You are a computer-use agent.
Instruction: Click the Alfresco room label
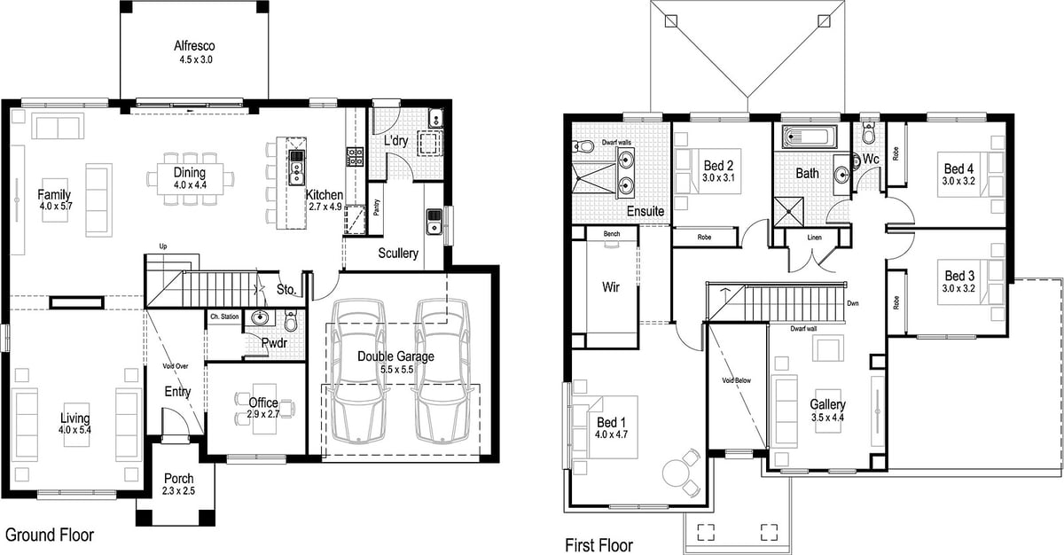point(194,46)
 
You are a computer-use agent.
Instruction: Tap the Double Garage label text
point(395,356)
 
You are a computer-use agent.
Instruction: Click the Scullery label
point(398,254)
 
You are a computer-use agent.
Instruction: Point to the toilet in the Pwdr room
point(290,319)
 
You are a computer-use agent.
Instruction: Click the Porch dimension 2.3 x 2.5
point(178,491)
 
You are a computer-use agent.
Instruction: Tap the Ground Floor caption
point(50,535)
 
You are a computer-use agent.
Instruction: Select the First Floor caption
point(599,544)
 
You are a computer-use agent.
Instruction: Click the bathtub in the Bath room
point(808,137)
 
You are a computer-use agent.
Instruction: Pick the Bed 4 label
point(958,168)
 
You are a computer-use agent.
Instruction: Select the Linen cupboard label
point(814,238)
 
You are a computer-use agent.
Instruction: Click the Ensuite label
point(645,212)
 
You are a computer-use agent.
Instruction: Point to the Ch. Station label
point(224,317)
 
